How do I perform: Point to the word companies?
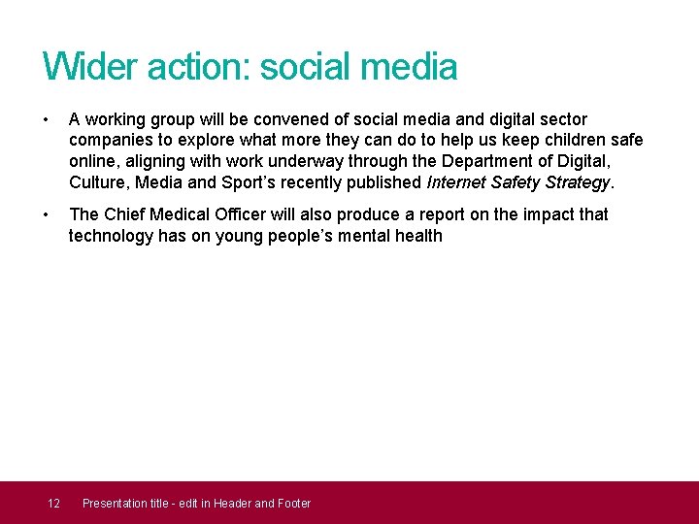pyautogui.click(x=112, y=141)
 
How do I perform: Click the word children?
pyautogui.click(x=553, y=141)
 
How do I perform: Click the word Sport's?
pyautogui.click(x=248, y=182)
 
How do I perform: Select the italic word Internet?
pyautogui.click(x=459, y=182)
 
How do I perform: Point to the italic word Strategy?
pyautogui.click(x=577, y=182)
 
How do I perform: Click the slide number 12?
pyautogui.click(x=54, y=503)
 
